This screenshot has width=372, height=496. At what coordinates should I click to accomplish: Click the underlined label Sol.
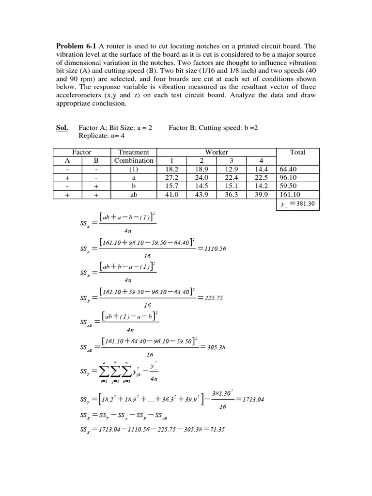point(62,128)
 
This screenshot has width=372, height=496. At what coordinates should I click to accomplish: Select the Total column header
point(297,152)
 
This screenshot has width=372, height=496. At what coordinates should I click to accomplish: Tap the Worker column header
point(217,152)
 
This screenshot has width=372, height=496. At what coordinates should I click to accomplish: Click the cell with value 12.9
point(232,169)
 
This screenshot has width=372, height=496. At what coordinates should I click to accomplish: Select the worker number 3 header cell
point(232,160)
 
